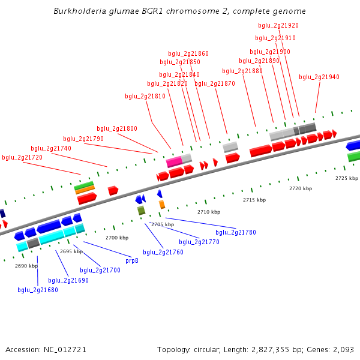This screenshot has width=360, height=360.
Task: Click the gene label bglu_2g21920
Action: (x=278, y=25)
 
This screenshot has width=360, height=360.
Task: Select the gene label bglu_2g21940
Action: (x=319, y=77)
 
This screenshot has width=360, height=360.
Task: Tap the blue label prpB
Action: (x=132, y=260)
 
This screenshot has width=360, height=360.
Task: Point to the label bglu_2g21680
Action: (x=38, y=290)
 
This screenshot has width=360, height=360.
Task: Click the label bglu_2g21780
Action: (x=236, y=232)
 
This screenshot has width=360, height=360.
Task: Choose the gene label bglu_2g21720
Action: (x=22, y=157)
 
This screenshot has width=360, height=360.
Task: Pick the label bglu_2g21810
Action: (x=145, y=96)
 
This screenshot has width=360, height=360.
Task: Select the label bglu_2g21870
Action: (x=215, y=83)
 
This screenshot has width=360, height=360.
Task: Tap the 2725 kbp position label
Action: (x=346, y=178)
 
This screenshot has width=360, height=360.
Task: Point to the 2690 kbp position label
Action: (x=26, y=266)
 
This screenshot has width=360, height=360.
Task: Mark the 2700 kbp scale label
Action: (x=117, y=238)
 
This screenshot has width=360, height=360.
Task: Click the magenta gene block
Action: (x=174, y=161)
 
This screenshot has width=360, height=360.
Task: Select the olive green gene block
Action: (x=141, y=210)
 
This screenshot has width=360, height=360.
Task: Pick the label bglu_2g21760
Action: (x=163, y=252)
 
